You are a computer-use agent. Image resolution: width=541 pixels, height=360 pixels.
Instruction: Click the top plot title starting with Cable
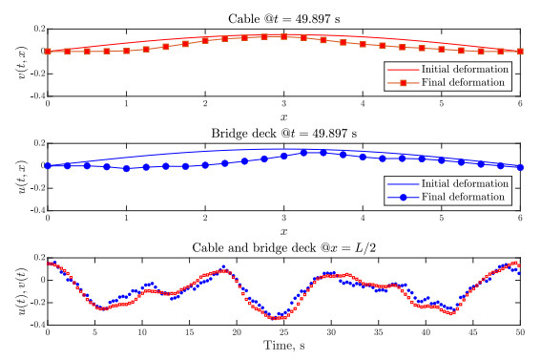click(x=283, y=17)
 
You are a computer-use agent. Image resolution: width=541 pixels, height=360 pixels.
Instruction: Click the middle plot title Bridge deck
click(x=283, y=132)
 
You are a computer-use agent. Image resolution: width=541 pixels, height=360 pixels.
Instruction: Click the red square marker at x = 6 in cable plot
click(x=520, y=52)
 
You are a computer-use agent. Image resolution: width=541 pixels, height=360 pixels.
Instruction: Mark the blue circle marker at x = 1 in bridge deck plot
click(x=126, y=169)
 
